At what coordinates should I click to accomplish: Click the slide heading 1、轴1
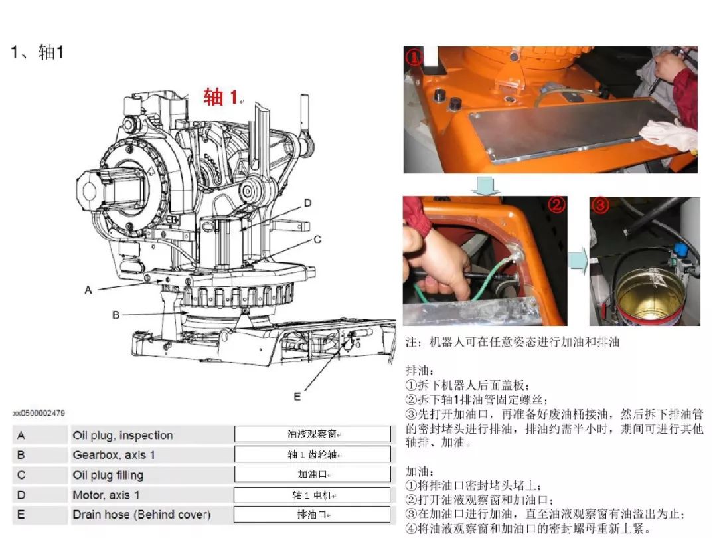tap(37, 53)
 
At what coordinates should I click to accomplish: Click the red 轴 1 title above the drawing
tap(221, 97)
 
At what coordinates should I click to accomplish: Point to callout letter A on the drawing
tap(88, 290)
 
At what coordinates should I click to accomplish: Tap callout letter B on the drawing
tap(116, 315)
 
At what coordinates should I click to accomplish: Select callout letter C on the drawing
tap(317, 239)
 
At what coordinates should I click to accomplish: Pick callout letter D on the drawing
tap(307, 203)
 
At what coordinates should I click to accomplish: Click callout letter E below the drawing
tap(297, 397)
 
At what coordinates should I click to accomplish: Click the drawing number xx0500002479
tap(39, 413)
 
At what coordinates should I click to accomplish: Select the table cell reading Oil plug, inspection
tap(123, 436)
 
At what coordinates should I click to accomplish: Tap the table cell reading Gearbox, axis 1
tap(117, 456)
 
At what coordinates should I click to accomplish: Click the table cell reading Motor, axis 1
tap(106, 495)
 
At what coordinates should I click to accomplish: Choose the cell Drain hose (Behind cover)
tap(141, 515)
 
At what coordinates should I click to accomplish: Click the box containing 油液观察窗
tap(312, 435)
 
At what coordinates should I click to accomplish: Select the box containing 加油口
tap(312, 475)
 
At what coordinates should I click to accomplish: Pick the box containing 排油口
tap(312, 515)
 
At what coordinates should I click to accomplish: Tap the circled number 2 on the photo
tap(556, 205)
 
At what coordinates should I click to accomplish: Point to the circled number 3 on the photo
tap(600, 205)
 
